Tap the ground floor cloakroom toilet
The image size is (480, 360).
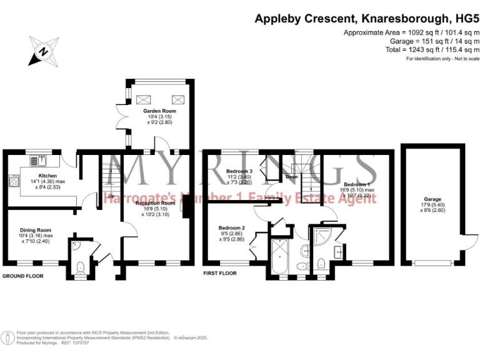tap(80, 268)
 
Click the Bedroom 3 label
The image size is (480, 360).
tap(239, 171)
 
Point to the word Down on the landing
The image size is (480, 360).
tap(291, 177)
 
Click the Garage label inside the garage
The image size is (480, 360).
tap(431, 200)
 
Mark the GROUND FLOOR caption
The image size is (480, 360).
tap(26, 276)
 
